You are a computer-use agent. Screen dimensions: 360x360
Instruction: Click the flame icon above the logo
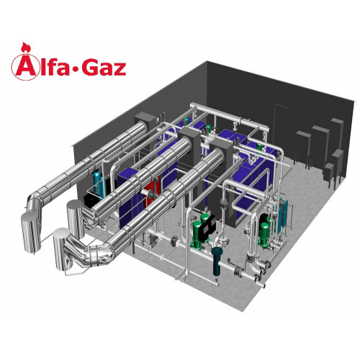tap(25, 48)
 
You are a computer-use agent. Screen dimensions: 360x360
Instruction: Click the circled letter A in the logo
tap(24, 67)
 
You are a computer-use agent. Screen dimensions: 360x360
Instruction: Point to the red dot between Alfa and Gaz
tap(76, 70)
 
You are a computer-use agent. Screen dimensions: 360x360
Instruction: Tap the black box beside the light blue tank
tap(91, 201)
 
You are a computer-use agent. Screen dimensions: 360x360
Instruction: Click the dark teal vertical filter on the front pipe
tap(217, 261)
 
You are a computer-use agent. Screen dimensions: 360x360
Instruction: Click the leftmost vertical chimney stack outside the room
tap(31, 232)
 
